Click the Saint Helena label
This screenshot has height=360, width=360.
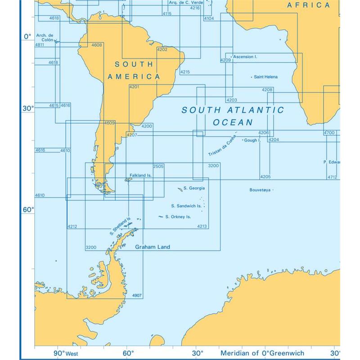point(265,77)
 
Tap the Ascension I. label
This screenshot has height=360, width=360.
point(245,57)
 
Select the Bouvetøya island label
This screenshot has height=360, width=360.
point(260,190)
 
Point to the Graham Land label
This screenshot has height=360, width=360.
point(153,247)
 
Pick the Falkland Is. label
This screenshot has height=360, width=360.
point(139,175)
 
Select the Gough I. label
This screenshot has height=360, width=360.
point(252,140)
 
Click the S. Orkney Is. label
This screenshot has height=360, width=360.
point(178,217)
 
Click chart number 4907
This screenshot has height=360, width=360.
point(137,295)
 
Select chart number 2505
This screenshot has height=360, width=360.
point(158,166)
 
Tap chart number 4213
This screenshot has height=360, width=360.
point(202,226)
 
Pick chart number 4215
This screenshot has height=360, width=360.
point(184,72)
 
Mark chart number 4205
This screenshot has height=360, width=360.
point(265,177)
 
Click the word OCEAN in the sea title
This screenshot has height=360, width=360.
point(233,122)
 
